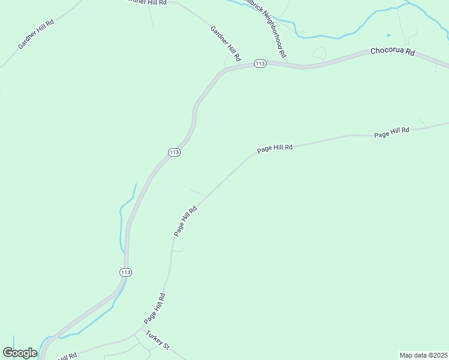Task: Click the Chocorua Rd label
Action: (393, 52)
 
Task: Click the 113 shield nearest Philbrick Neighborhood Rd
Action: (260, 64)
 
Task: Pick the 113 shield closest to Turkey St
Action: (125, 272)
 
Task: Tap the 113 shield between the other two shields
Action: (174, 152)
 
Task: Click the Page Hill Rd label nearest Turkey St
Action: (154, 308)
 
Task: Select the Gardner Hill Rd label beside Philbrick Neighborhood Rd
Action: (225, 43)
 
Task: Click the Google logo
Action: (20, 353)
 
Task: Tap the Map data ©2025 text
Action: (423, 355)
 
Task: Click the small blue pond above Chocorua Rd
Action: (388, 35)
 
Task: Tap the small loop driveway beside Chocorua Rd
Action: (319, 53)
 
